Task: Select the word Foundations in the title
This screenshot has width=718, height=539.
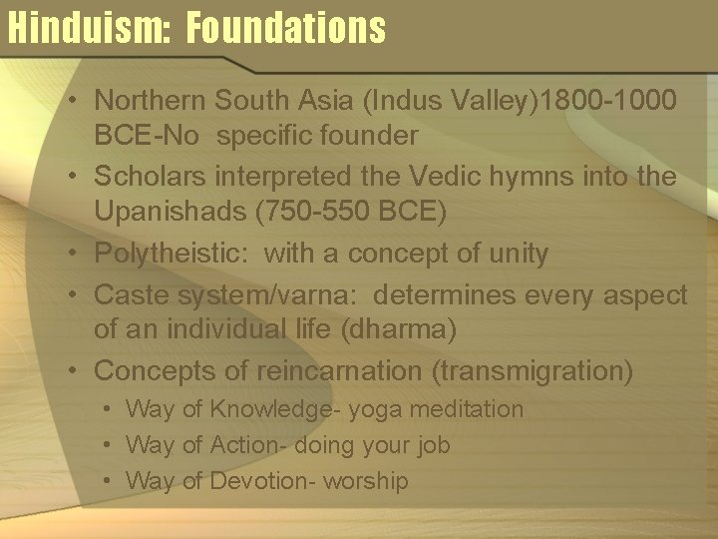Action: pos(285,27)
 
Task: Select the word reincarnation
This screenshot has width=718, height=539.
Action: pos(340,371)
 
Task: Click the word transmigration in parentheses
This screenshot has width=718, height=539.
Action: pos(532,371)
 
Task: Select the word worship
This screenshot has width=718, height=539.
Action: pos(367,481)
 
